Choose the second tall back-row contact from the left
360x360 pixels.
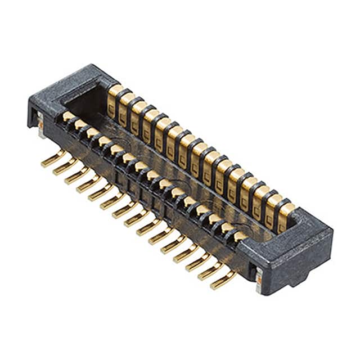(126, 105)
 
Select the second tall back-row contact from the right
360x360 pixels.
(273, 206)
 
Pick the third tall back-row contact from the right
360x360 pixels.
(261, 198)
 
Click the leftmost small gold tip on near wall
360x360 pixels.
(68, 116)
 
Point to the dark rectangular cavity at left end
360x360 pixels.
(84, 101)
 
